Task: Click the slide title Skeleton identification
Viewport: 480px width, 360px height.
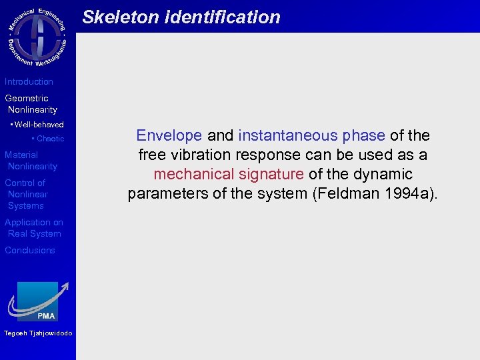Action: pos(181,17)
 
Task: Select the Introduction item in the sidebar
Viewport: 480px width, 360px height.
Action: pos(29,81)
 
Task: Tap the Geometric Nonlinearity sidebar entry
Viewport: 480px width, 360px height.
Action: pos(31,104)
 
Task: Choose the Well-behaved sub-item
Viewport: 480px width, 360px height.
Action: pos(37,125)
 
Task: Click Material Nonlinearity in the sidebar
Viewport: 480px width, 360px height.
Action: pos(31,161)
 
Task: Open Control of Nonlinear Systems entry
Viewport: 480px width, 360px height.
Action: pos(26,194)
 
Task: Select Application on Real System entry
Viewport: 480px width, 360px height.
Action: pos(33,228)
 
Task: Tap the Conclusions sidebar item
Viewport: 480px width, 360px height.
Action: pos(30,250)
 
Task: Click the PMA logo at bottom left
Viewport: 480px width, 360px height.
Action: pos(38,301)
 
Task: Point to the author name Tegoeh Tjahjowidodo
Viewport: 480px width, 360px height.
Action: pos(38,333)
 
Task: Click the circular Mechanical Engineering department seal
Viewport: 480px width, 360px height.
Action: pos(38,37)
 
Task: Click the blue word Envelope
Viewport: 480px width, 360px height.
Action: pos(169,135)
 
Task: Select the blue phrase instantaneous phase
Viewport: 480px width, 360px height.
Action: pos(311,135)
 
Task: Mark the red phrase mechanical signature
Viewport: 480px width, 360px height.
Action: pos(228,174)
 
